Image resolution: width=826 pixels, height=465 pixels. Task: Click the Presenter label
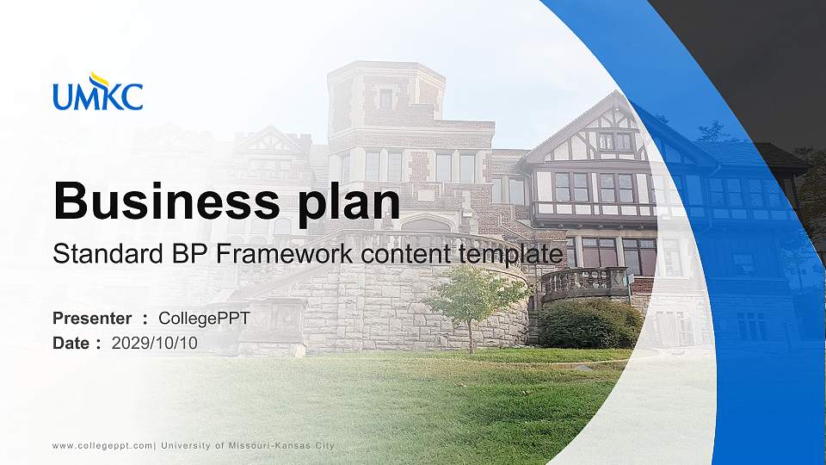pos(92,319)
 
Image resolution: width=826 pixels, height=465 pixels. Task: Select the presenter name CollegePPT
pos(204,319)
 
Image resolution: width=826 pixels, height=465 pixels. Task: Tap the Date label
pos(71,343)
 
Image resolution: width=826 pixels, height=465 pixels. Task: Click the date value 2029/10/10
pos(155,343)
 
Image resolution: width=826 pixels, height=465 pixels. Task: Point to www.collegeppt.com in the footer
pos(102,445)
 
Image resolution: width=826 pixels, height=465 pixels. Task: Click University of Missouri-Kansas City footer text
pos(248,445)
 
